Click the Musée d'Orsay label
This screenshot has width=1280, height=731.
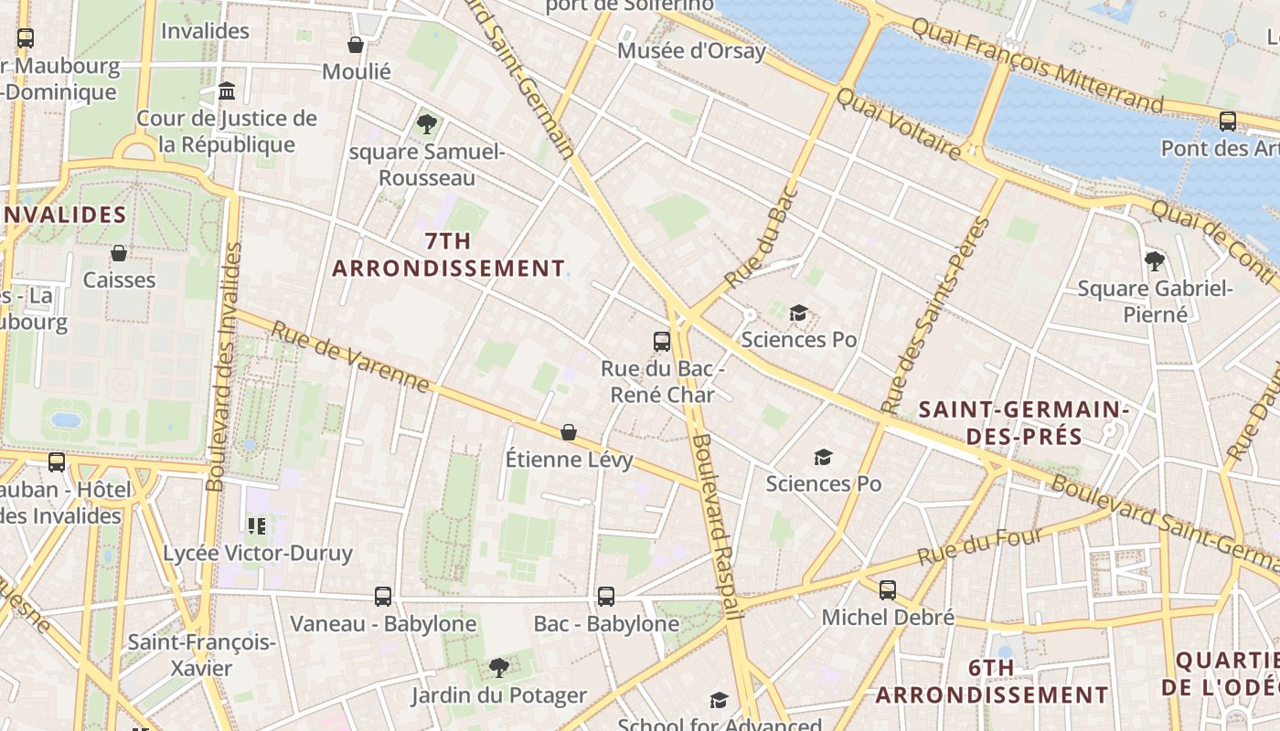(691, 50)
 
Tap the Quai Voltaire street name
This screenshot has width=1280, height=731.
(898, 124)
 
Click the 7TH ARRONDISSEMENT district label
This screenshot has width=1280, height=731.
(448, 255)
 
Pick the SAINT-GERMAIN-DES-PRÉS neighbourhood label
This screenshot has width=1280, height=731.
(1023, 423)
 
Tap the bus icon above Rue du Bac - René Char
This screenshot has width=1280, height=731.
(662, 342)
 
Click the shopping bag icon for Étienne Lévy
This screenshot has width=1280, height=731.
(569, 431)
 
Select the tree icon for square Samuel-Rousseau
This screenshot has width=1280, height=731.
(426, 124)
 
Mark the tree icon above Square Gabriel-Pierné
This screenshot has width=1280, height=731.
(1155, 261)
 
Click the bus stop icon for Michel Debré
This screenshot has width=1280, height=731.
(887, 590)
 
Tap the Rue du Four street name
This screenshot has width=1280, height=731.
(980, 546)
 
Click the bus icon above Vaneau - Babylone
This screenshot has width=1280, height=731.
(383, 597)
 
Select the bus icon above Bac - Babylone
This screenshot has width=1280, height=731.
(605, 597)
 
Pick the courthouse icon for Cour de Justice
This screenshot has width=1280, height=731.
(227, 91)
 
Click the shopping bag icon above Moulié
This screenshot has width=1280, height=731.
(356, 44)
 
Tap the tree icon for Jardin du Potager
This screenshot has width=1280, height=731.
(498, 668)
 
